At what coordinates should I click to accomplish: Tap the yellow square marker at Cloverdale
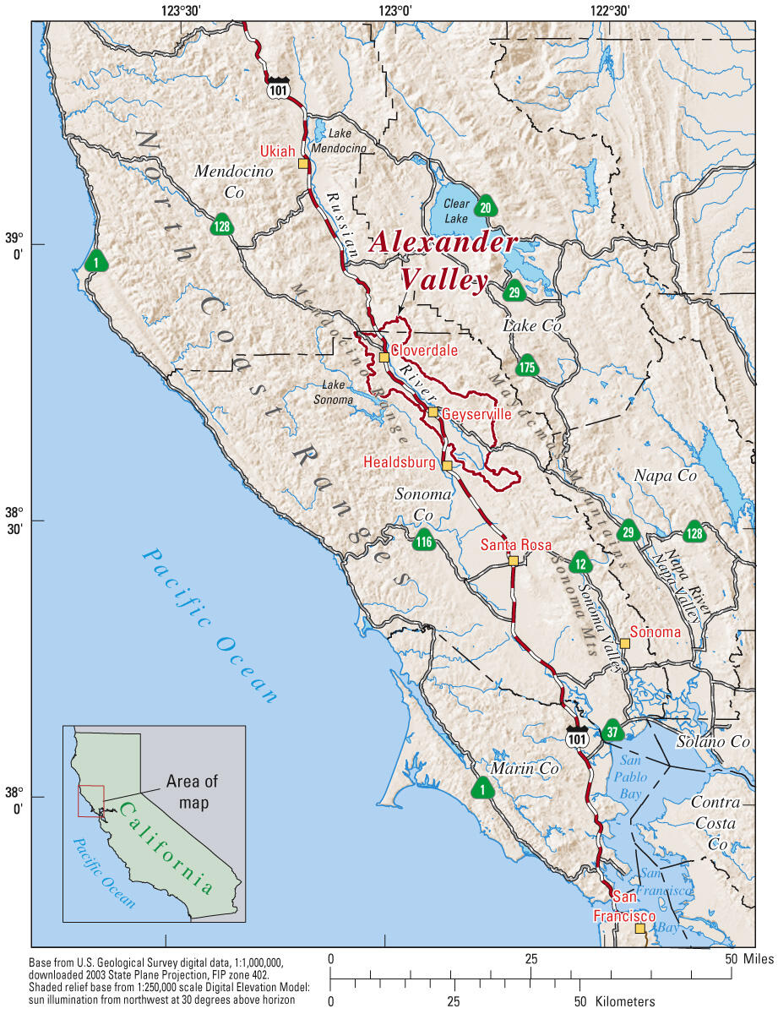point(384,357)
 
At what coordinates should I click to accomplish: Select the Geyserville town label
point(476,415)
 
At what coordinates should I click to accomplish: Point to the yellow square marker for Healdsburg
point(447,466)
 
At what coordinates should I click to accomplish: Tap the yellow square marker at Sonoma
point(624,644)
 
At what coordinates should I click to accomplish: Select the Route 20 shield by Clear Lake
point(485,207)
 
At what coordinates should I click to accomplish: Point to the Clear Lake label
point(455,211)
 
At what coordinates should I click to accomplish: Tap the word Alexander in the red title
point(443,242)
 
